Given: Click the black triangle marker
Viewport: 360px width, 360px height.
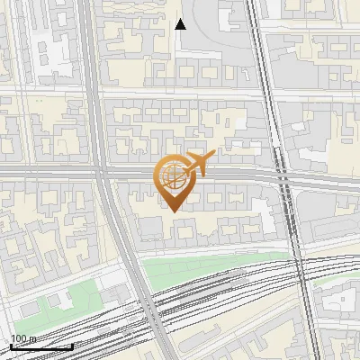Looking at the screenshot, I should point(180,24).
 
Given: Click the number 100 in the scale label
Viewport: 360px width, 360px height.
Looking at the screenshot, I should point(19,339).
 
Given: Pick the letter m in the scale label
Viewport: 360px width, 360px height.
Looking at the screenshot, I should point(32,339).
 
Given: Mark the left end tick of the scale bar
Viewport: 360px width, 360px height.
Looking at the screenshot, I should point(11,346).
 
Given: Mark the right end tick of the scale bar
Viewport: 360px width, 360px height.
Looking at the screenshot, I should point(72,346).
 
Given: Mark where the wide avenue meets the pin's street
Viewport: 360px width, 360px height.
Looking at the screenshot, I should point(101,171).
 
